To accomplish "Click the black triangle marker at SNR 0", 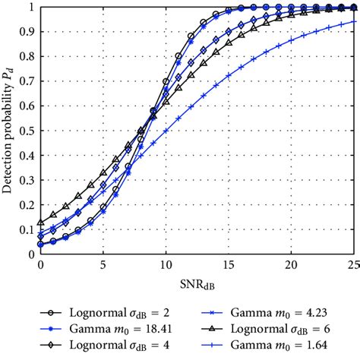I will [x=40, y=223].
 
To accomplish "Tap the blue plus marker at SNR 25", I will [x=353, y=22].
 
